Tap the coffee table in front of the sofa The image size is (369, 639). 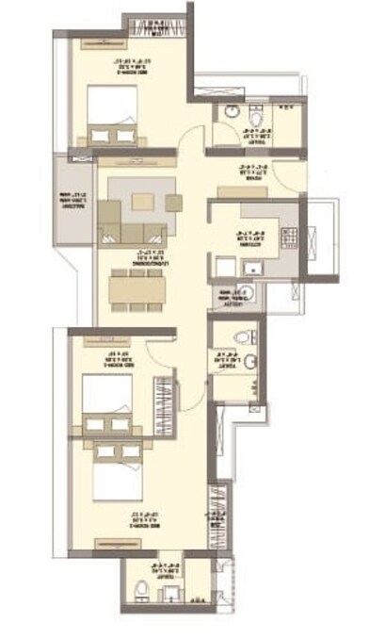pos(141,201)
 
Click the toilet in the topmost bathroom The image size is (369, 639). pos(231,112)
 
